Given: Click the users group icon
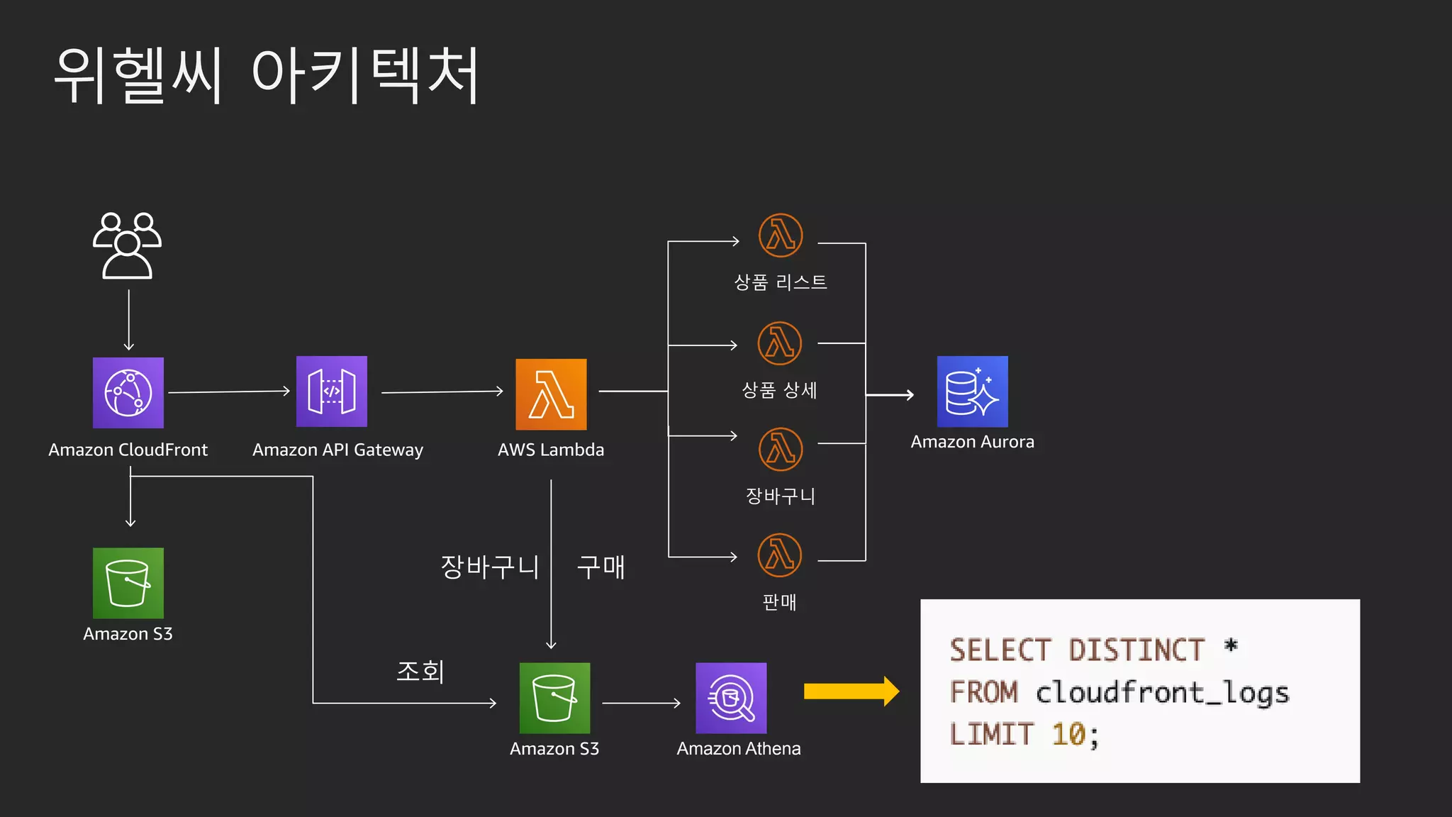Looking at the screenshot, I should tap(127, 245).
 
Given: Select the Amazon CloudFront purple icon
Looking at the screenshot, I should tap(128, 393).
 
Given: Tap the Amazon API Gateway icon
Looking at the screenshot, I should tap(332, 391).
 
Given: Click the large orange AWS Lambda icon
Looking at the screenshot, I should tap(551, 394).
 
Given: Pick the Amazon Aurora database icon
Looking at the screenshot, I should tap(972, 391).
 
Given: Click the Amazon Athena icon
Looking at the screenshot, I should tap(731, 698).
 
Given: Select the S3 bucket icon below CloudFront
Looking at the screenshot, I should tap(128, 583).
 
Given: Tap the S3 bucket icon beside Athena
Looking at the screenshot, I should tap(554, 698).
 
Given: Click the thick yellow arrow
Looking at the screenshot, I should tap(851, 691).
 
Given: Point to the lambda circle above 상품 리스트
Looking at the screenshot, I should tap(781, 235).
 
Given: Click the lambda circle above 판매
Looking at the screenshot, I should tap(780, 555).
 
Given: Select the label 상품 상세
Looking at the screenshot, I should tap(779, 390).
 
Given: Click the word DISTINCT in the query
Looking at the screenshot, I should tap(1137, 650).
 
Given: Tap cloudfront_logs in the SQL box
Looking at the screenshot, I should tap(1162, 692).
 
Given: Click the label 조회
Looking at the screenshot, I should tap(420, 671).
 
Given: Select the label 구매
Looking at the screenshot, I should tap(601, 567).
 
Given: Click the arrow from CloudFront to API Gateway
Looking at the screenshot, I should tap(229, 391).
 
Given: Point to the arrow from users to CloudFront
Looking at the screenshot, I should tap(129, 319).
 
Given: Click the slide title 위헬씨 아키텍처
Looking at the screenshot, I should tap(267, 75).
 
